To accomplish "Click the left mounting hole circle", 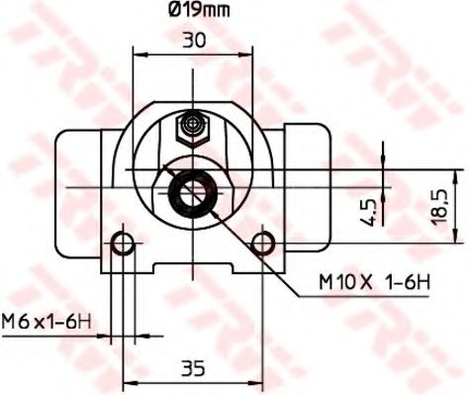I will click(124, 243).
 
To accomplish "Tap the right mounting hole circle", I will click(262, 243).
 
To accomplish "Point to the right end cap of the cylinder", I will click(307, 178).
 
